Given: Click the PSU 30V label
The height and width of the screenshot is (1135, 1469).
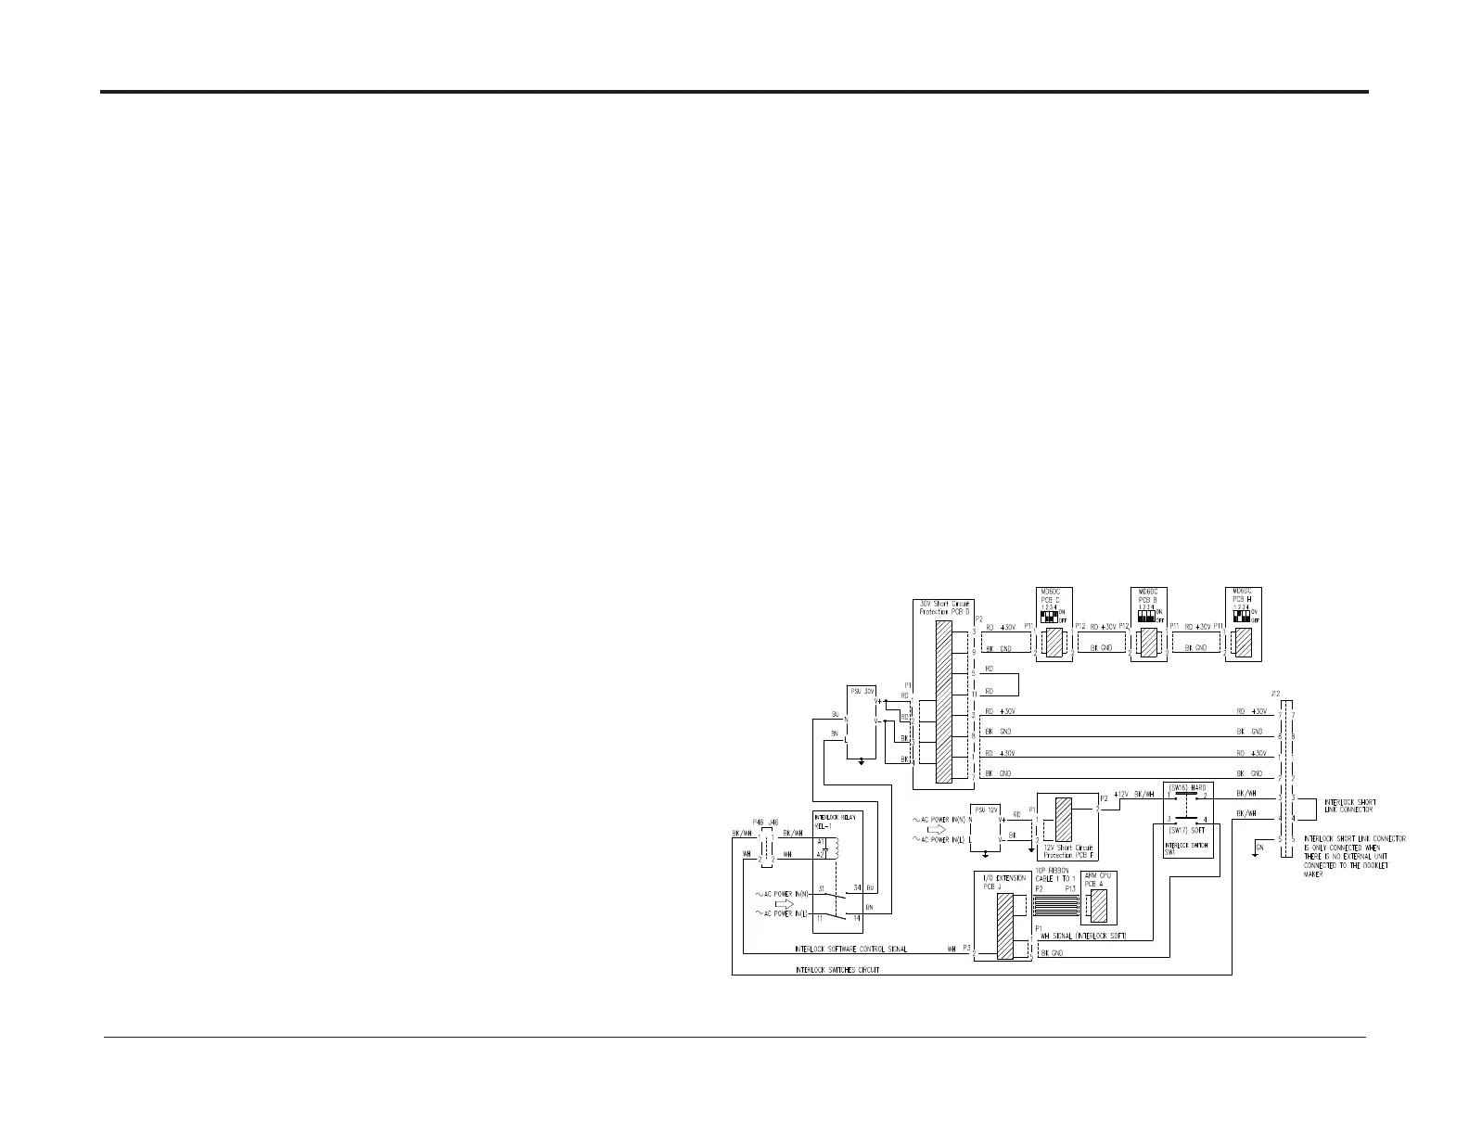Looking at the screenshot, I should [x=863, y=691].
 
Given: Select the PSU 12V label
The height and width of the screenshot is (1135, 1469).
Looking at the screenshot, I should [x=986, y=810].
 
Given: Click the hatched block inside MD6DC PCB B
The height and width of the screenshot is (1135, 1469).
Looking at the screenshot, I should [x=1148, y=642].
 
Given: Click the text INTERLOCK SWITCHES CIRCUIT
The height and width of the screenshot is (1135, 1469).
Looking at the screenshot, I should [x=837, y=970].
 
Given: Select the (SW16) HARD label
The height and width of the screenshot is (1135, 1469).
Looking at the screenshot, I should [x=1187, y=787].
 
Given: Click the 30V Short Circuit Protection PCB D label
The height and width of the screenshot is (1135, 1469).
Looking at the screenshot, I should [x=944, y=607].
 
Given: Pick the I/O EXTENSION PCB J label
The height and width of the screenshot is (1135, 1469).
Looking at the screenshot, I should [x=1000, y=881].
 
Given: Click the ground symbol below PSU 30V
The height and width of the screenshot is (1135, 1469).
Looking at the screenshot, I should [x=862, y=760].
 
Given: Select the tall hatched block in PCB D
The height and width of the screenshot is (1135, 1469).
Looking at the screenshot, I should [x=944, y=702].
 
